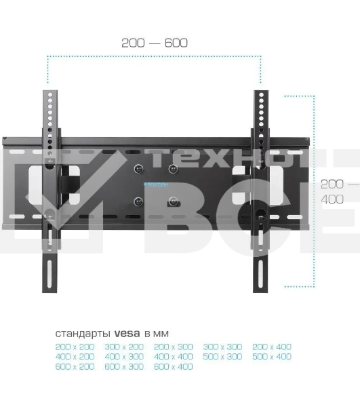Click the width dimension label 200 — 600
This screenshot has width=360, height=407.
coord(155,43)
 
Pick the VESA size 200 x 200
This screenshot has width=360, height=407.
coord(75,347)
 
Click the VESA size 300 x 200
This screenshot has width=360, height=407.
coord(124,347)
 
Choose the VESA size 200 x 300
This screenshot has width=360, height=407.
coord(173,347)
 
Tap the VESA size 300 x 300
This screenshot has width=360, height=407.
coord(222,347)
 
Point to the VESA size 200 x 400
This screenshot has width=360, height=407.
coord(271,347)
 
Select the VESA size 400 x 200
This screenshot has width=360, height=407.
coord(75,356)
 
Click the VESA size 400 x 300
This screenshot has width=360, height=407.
coord(124,356)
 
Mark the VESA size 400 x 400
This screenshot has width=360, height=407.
coord(173,356)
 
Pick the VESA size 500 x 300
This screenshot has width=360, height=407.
coord(222,356)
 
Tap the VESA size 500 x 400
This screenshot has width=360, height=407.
coord(271,356)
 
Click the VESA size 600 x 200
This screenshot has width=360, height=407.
coord(75,366)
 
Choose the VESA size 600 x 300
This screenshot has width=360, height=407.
coord(124,366)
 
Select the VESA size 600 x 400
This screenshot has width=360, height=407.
coord(173,366)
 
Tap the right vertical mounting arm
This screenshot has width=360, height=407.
coord(261,258)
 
